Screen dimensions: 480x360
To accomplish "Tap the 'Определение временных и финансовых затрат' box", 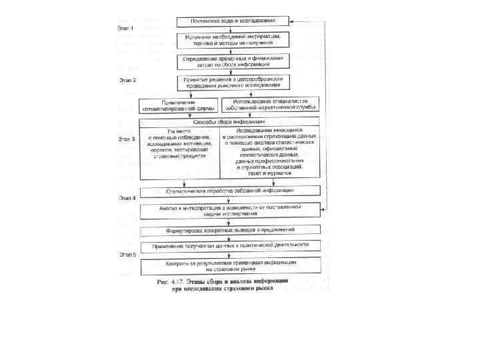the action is click(233, 61).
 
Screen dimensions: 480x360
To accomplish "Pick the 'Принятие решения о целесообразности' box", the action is click(233, 83).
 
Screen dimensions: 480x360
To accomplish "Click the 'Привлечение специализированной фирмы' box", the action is click(175, 105).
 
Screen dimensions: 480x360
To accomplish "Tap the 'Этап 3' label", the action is click(126, 139).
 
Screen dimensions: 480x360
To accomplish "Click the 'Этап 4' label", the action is click(127, 199).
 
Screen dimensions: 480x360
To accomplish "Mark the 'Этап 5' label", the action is click(127, 254).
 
